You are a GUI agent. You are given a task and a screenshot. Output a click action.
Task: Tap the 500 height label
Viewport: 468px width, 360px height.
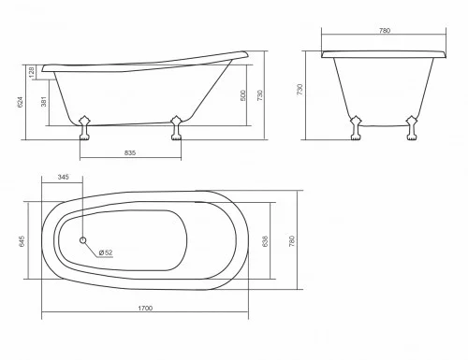click(245, 95)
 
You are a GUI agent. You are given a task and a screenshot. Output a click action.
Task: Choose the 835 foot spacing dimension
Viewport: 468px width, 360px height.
click(131, 153)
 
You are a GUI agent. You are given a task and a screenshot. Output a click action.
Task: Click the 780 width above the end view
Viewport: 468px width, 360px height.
click(383, 30)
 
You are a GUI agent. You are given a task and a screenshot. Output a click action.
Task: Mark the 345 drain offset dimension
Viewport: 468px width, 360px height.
click(64, 177)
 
